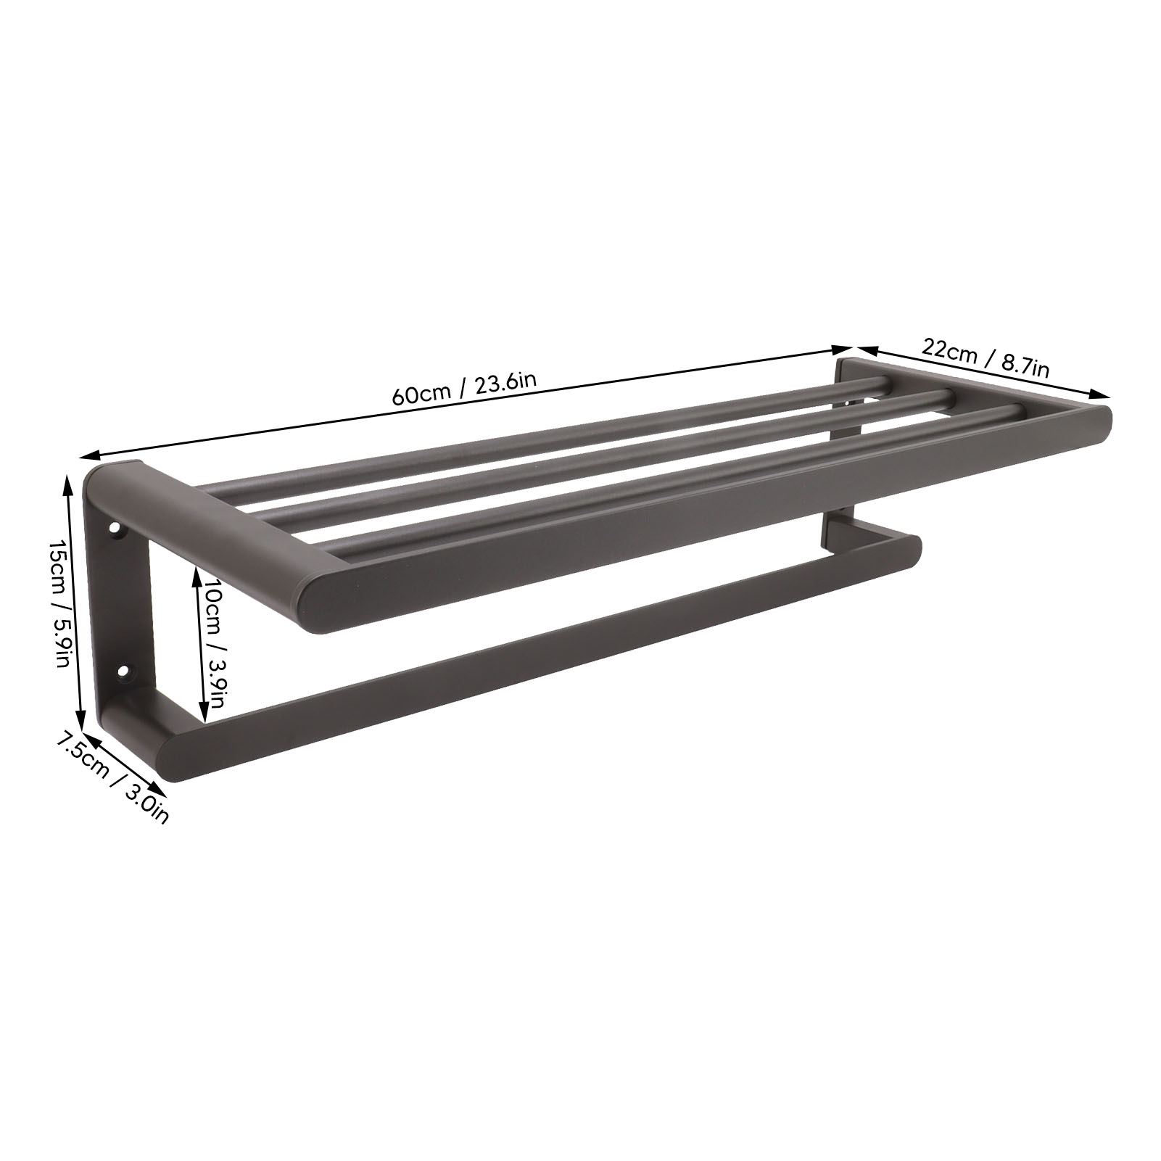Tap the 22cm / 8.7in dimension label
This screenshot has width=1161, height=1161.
(x=986, y=358)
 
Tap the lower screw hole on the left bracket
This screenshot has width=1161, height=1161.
(x=124, y=672)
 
